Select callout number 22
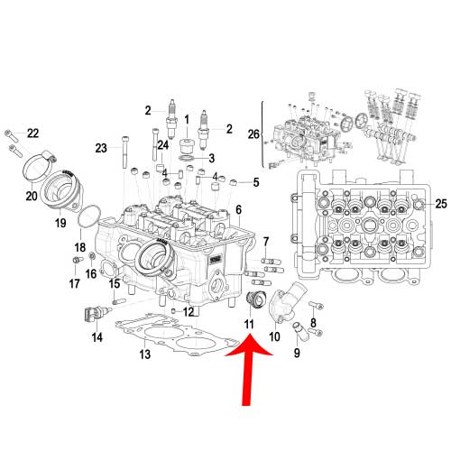click(32, 133)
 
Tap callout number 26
click(253, 135)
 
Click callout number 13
click(144, 355)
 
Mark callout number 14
click(97, 337)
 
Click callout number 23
click(101, 147)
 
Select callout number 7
click(266, 241)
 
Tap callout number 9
click(296, 352)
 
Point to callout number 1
click(188, 119)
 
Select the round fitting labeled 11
click(255, 299)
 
